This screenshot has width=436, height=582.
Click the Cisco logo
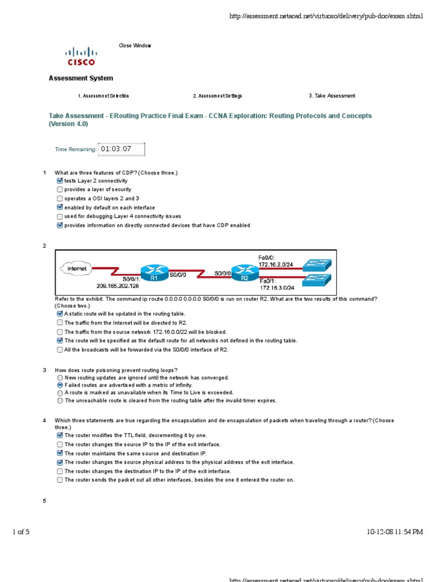(x=81, y=56)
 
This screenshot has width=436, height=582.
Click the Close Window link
(x=135, y=46)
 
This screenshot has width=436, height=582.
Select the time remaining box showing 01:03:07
(x=121, y=149)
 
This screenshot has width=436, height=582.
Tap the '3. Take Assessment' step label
(x=332, y=96)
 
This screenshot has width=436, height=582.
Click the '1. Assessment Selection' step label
(x=107, y=96)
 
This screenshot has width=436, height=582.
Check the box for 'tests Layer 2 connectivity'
(x=60, y=181)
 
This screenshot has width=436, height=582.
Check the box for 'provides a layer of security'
(x=60, y=190)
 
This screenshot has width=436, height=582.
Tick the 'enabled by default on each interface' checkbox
(x=60, y=207)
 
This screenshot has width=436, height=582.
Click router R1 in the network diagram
(x=154, y=271)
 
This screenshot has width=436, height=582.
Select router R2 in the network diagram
(x=245, y=271)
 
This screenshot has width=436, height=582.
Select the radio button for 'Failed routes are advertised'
(x=60, y=385)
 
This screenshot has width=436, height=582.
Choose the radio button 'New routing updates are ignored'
(x=60, y=377)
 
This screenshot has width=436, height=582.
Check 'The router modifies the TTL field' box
(x=60, y=435)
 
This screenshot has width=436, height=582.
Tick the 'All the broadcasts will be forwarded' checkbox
(x=60, y=350)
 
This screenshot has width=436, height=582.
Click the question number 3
(x=44, y=370)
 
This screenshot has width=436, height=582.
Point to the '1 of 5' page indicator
(x=21, y=532)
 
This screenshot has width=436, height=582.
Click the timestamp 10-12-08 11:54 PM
(x=395, y=532)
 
